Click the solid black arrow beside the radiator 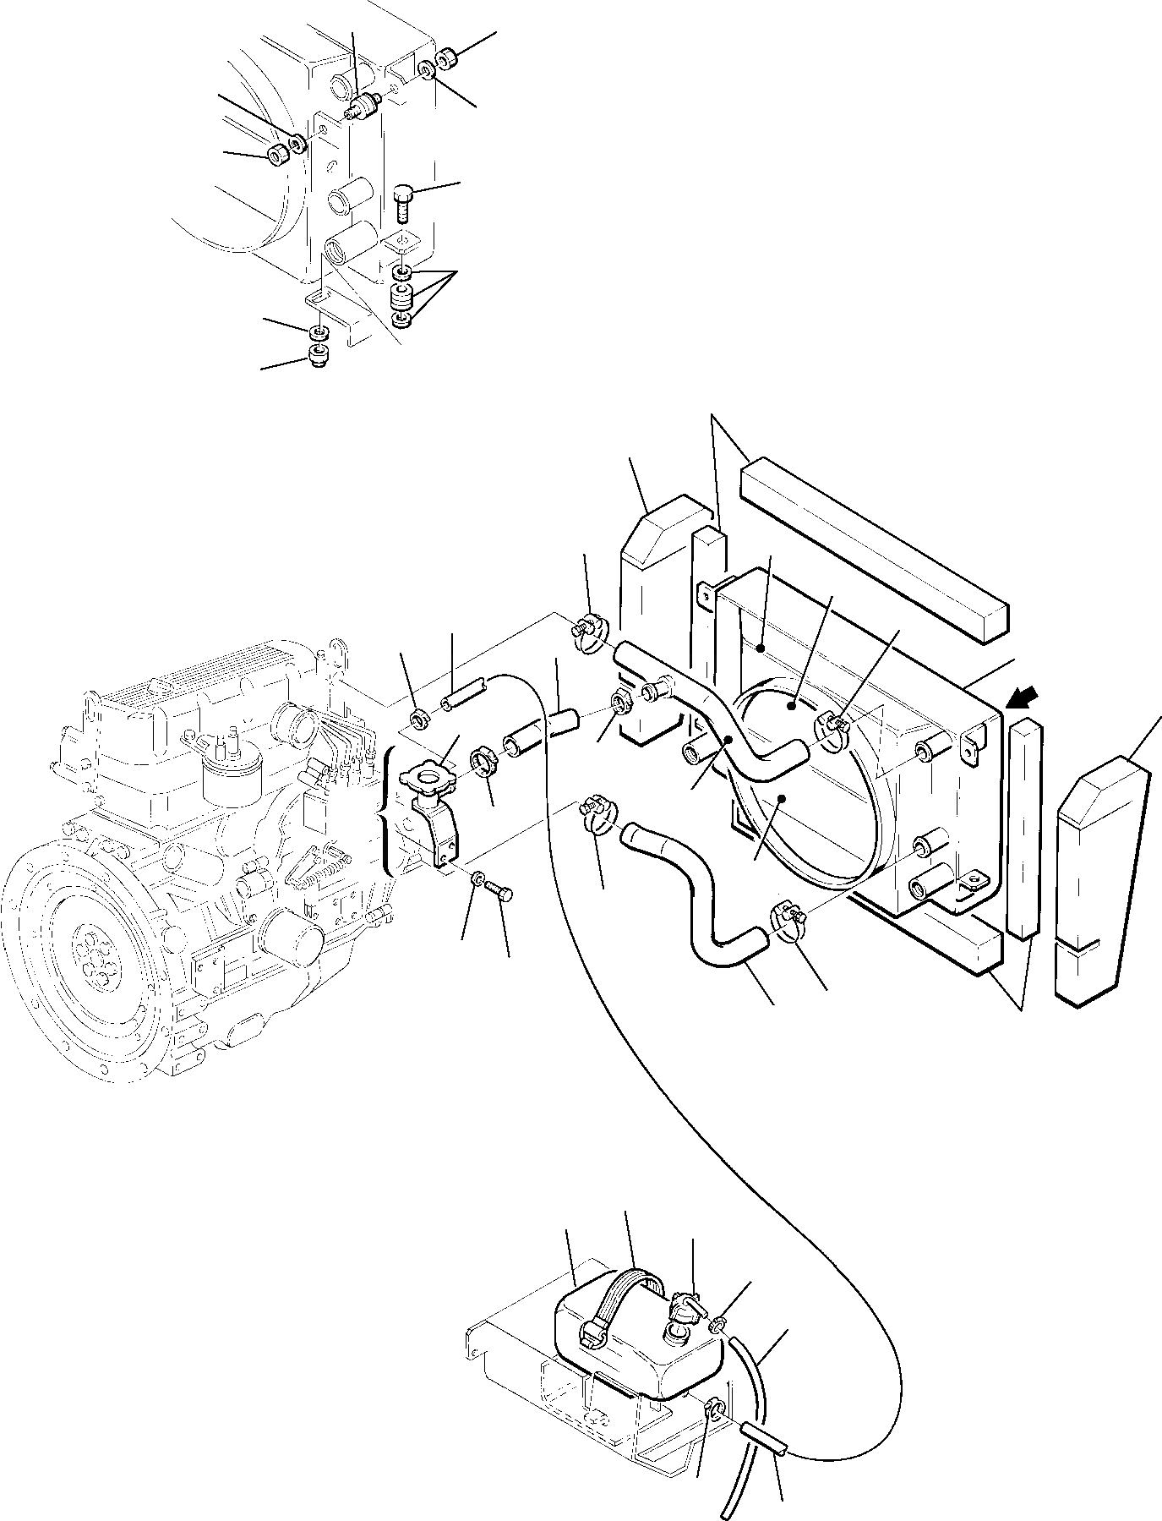click(1021, 699)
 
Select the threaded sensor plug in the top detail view click(363, 108)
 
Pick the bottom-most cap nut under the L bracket click(319, 358)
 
